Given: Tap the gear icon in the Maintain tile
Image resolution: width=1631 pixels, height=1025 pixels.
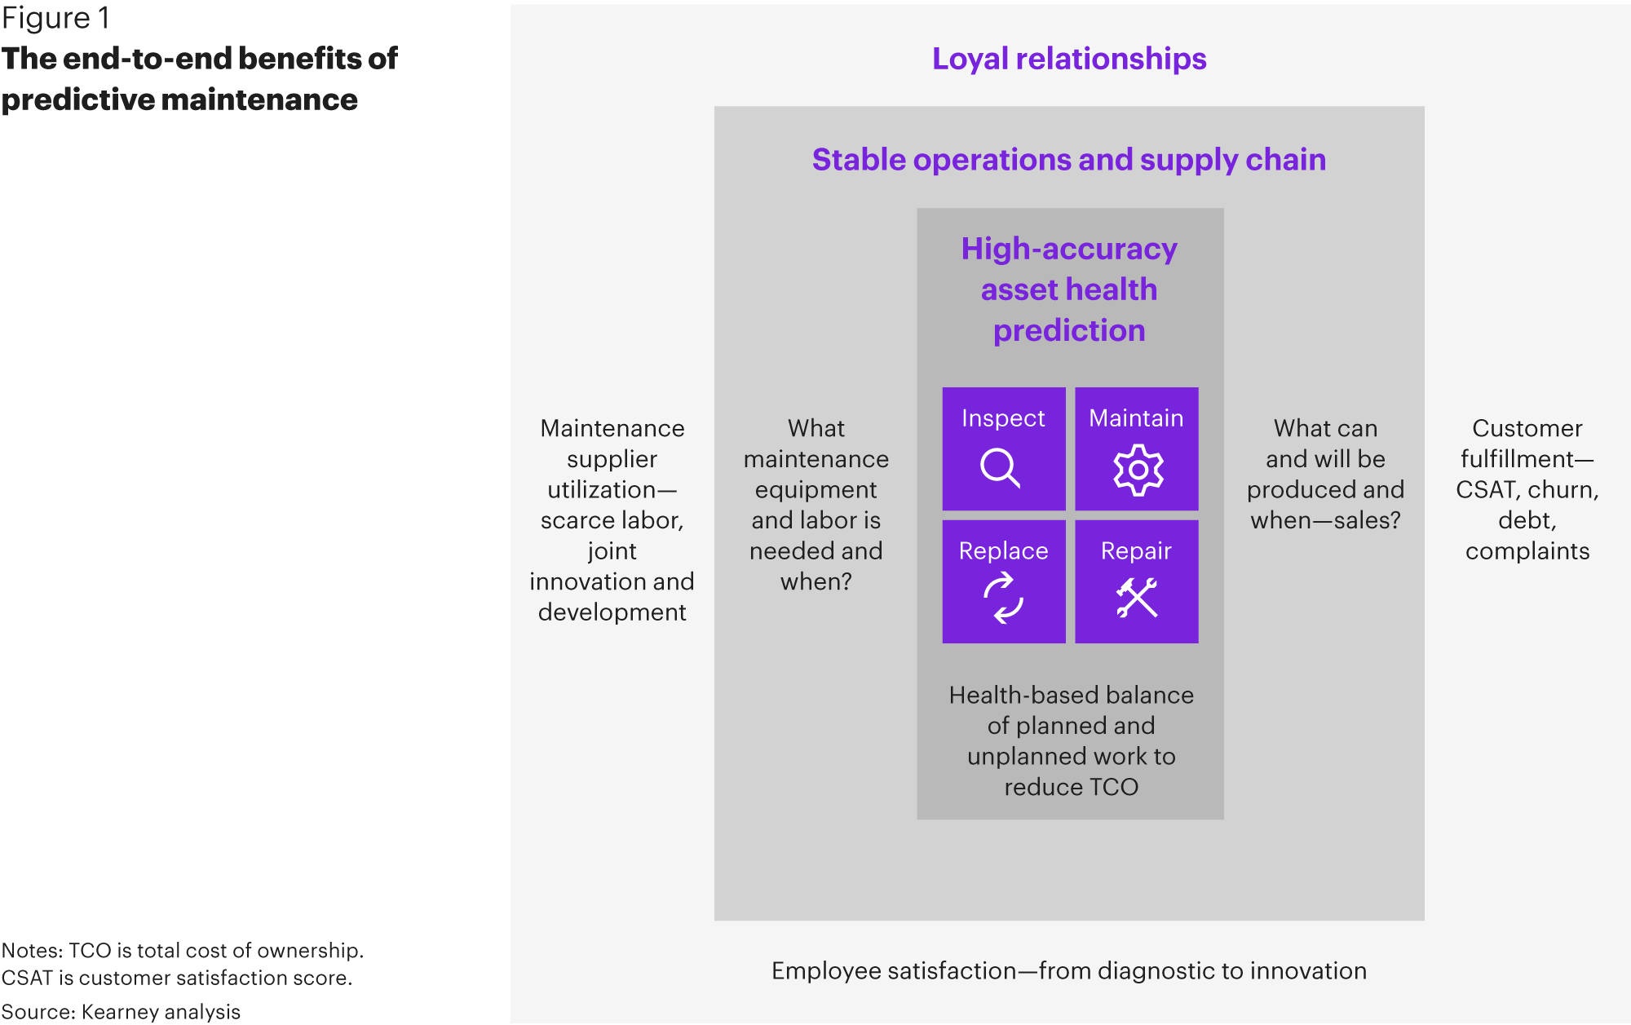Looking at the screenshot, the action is click(1138, 470).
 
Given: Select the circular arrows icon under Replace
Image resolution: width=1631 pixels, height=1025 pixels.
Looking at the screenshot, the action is click(1003, 598).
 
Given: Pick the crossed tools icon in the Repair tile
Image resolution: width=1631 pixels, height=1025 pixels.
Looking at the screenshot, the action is click(1137, 598).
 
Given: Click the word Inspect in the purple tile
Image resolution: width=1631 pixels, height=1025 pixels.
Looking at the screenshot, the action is click(1003, 418).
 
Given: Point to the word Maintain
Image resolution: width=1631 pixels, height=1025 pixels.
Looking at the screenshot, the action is click(1136, 418).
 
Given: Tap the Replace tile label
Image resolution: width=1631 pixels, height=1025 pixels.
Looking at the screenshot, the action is click(1003, 551).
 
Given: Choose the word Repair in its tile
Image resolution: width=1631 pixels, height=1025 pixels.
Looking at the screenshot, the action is click(1136, 551).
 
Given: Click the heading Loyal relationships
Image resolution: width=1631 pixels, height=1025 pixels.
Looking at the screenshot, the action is click(1069, 59).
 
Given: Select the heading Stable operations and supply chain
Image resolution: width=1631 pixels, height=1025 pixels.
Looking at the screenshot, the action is click(1069, 160).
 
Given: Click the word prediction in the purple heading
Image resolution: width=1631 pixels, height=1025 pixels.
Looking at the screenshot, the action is click(1069, 331).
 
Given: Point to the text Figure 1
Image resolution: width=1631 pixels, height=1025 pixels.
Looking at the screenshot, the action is click(55, 18).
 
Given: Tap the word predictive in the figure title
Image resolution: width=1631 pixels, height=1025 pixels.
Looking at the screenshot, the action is click(77, 100).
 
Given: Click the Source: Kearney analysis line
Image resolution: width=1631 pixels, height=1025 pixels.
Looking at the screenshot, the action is click(121, 1012).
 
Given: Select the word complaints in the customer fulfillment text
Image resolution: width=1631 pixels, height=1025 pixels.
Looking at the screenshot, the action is click(1527, 552).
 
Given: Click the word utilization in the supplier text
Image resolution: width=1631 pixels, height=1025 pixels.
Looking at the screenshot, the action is click(602, 490).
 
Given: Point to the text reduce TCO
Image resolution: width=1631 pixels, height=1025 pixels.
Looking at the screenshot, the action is click(1071, 787).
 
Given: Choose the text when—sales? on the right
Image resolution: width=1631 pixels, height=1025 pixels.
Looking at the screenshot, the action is click(1325, 520).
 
